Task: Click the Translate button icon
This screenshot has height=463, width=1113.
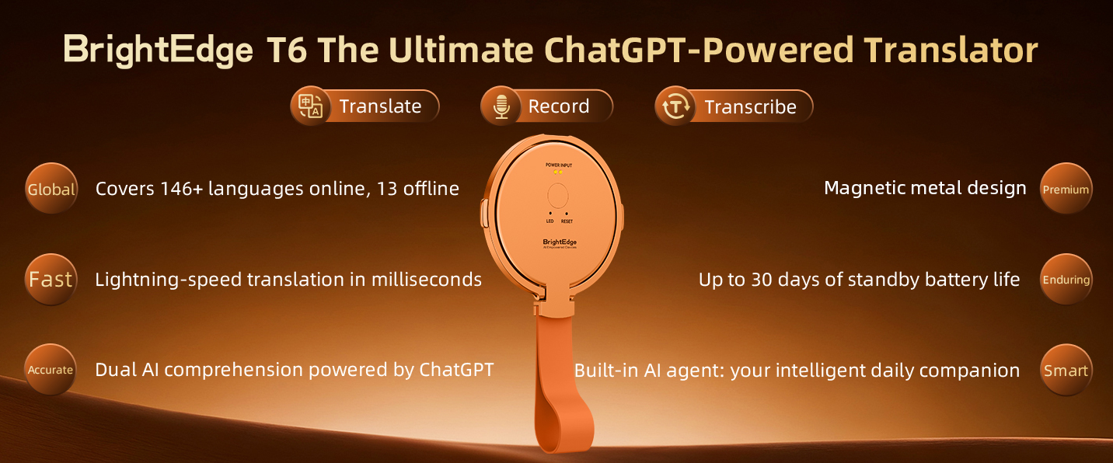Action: point(311,106)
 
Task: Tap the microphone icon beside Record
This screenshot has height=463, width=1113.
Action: point(501,106)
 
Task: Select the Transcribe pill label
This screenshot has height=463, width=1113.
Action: point(750,107)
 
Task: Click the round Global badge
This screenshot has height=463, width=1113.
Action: point(51,190)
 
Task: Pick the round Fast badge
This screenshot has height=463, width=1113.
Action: point(51,280)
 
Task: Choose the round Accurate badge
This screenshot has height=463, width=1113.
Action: point(51,370)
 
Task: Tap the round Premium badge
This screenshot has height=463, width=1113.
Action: point(1066,190)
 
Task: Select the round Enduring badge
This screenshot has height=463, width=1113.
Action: point(1066,280)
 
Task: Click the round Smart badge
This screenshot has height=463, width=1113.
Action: point(1066,370)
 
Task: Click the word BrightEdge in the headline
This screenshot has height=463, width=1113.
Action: point(158,50)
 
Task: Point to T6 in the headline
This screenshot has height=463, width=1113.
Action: point(287,50)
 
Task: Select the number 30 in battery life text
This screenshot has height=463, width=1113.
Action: point(762,280)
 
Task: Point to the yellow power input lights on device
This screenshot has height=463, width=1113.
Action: point(558,172)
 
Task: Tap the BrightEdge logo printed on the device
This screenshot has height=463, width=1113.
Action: point(560,242)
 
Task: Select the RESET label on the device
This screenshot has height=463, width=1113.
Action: point(567,221)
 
